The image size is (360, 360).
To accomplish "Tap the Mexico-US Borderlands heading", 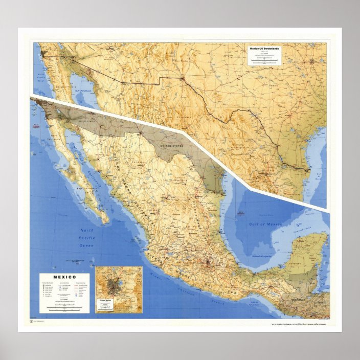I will [264, 49].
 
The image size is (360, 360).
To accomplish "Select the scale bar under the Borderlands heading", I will [264, 60].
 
